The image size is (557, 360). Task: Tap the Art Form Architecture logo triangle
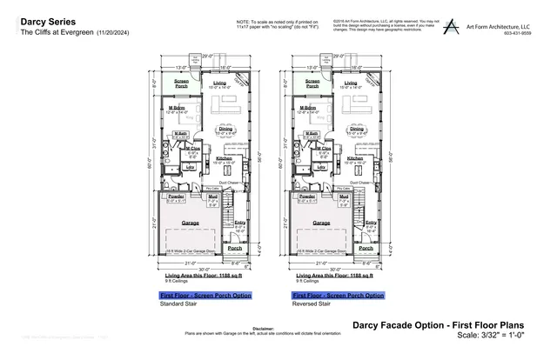click(x=450, y=26)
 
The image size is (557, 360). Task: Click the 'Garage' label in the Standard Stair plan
click(x=190, y=223)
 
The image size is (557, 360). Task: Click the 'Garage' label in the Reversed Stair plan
click(x=322, y=223)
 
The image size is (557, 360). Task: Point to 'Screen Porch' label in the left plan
click(x=181, y=84)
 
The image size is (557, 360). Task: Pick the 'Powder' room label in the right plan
click(x=306, y=197)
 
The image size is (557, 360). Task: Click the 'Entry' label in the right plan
click(x=371, y=223)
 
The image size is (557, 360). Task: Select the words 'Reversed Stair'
click(x=312, y=305)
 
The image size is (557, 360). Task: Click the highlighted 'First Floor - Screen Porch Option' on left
click(x=205, y=296)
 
